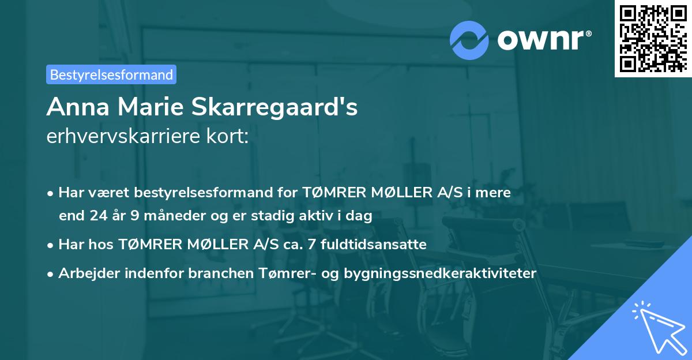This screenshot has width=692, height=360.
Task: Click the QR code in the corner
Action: click(652, 38)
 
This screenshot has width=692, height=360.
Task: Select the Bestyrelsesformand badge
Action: click(111, 74)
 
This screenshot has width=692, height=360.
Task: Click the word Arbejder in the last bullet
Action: click(85, 273)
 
